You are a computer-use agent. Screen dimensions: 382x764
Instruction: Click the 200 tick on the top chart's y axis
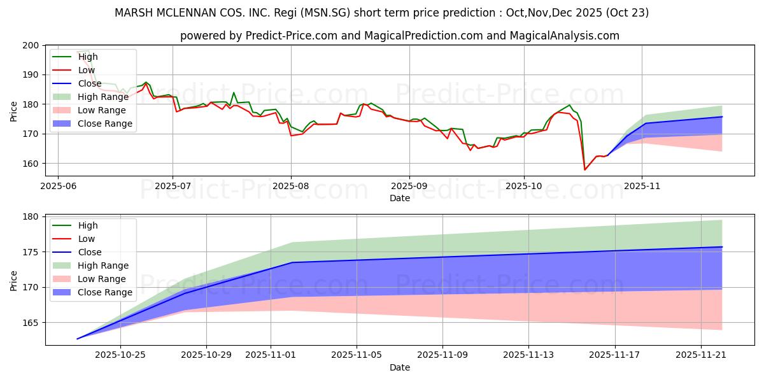tap(31, 45)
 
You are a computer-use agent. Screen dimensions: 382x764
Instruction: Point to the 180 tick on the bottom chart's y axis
tap(31, 216)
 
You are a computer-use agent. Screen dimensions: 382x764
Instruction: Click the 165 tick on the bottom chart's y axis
tap(31, 323)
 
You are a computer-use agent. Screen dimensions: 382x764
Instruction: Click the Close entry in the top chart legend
tap(89, 83)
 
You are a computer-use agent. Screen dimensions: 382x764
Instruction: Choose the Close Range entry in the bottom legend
tap(104, 292)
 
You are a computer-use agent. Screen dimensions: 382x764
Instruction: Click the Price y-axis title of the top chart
tap(14, 111)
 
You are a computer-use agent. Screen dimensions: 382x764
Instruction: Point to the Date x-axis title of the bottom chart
tap(400, 367)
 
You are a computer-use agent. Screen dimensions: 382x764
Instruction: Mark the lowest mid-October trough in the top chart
tap(585, 169)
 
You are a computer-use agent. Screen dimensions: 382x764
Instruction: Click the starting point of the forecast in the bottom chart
tap(78, 339)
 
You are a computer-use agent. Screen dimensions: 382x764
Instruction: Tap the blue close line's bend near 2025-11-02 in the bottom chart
tap(292, 262)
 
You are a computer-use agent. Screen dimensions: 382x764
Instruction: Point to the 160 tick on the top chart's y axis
tap(31, 164)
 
